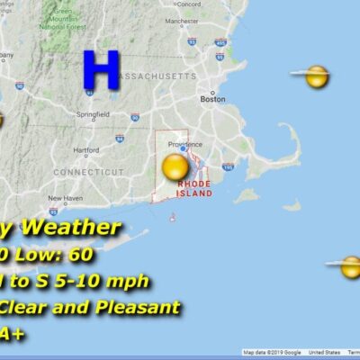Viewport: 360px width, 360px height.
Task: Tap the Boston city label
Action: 212,99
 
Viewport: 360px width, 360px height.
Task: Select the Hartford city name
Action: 86,150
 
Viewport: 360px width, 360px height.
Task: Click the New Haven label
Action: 65,198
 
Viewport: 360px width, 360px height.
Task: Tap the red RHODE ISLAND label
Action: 194,188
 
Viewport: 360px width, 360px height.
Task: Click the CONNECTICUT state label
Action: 87,171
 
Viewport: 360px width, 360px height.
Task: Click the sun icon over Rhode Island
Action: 175,167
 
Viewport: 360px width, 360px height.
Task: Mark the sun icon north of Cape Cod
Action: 316,76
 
